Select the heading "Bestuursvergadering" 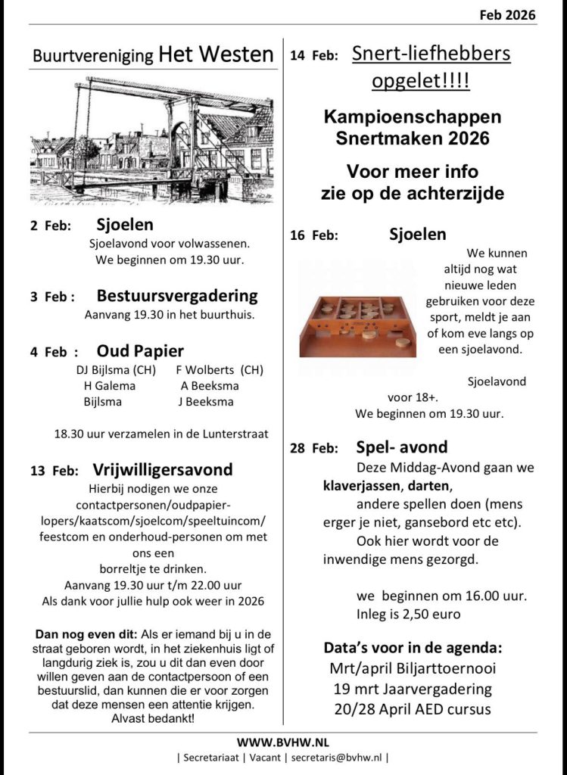(x=177, y=296)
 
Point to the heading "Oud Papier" (x=140, y=351)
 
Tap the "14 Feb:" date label (x=313, y=56)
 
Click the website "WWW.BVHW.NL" (x=283, y=742)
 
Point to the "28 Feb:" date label (x=313, y=449)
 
